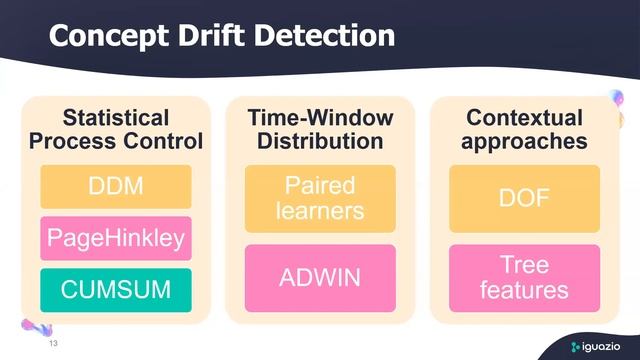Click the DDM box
pos(116,186)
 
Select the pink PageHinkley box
pos(116,238)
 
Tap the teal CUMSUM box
pos(116,289)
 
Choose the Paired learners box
pos(320,198)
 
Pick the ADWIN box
pos(320,277)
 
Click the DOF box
pos(524,198)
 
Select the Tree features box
pos(524,277)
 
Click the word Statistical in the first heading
pos(116,118)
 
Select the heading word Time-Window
pos(320,118)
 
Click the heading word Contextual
pos(524,118)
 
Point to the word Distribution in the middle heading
pos(320,141)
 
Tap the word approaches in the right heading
pos(524,141)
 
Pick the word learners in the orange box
pos(320,210)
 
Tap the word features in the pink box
pos(524,290)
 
